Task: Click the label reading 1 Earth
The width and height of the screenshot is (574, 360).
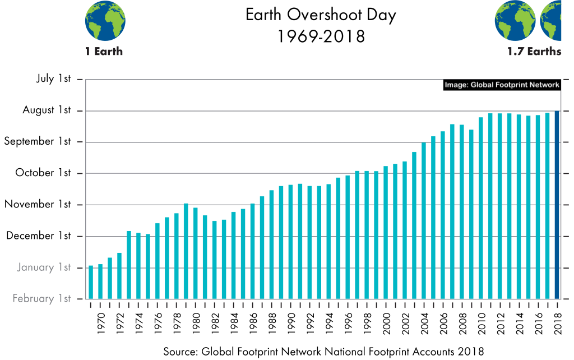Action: pyautogui.click(x=104, y=52)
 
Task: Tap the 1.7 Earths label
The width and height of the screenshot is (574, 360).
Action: pyautogui.click(x=534, y=52)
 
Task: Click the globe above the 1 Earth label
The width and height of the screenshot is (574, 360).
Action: pyautogui.click(x=105, y=21)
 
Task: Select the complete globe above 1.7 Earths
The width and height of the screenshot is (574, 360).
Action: pyautogui.click(x=515, y=21)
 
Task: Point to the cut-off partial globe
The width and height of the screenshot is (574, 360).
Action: pyautogui.click(x=552, y=21)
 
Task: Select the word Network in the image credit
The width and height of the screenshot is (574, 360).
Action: pyautogui.click(x=545, y=85)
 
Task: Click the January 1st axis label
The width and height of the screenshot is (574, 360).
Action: pyautogui.click(x=43, y=267)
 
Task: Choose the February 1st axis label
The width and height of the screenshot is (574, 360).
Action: pyautogui.click(x=41, y=299)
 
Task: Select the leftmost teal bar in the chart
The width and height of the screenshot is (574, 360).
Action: pyautogui.click(x=91, y=282)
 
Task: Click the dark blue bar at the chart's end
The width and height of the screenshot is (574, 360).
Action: pyautogui.click(x=557, y=205)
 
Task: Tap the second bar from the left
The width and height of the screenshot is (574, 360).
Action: pyautogui.click(x=100, y=281)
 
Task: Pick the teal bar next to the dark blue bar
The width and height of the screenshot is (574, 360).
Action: pyautogui.click(x=548, y=205)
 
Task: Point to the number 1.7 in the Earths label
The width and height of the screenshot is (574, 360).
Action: pyautogui.click(x=514, y=52)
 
